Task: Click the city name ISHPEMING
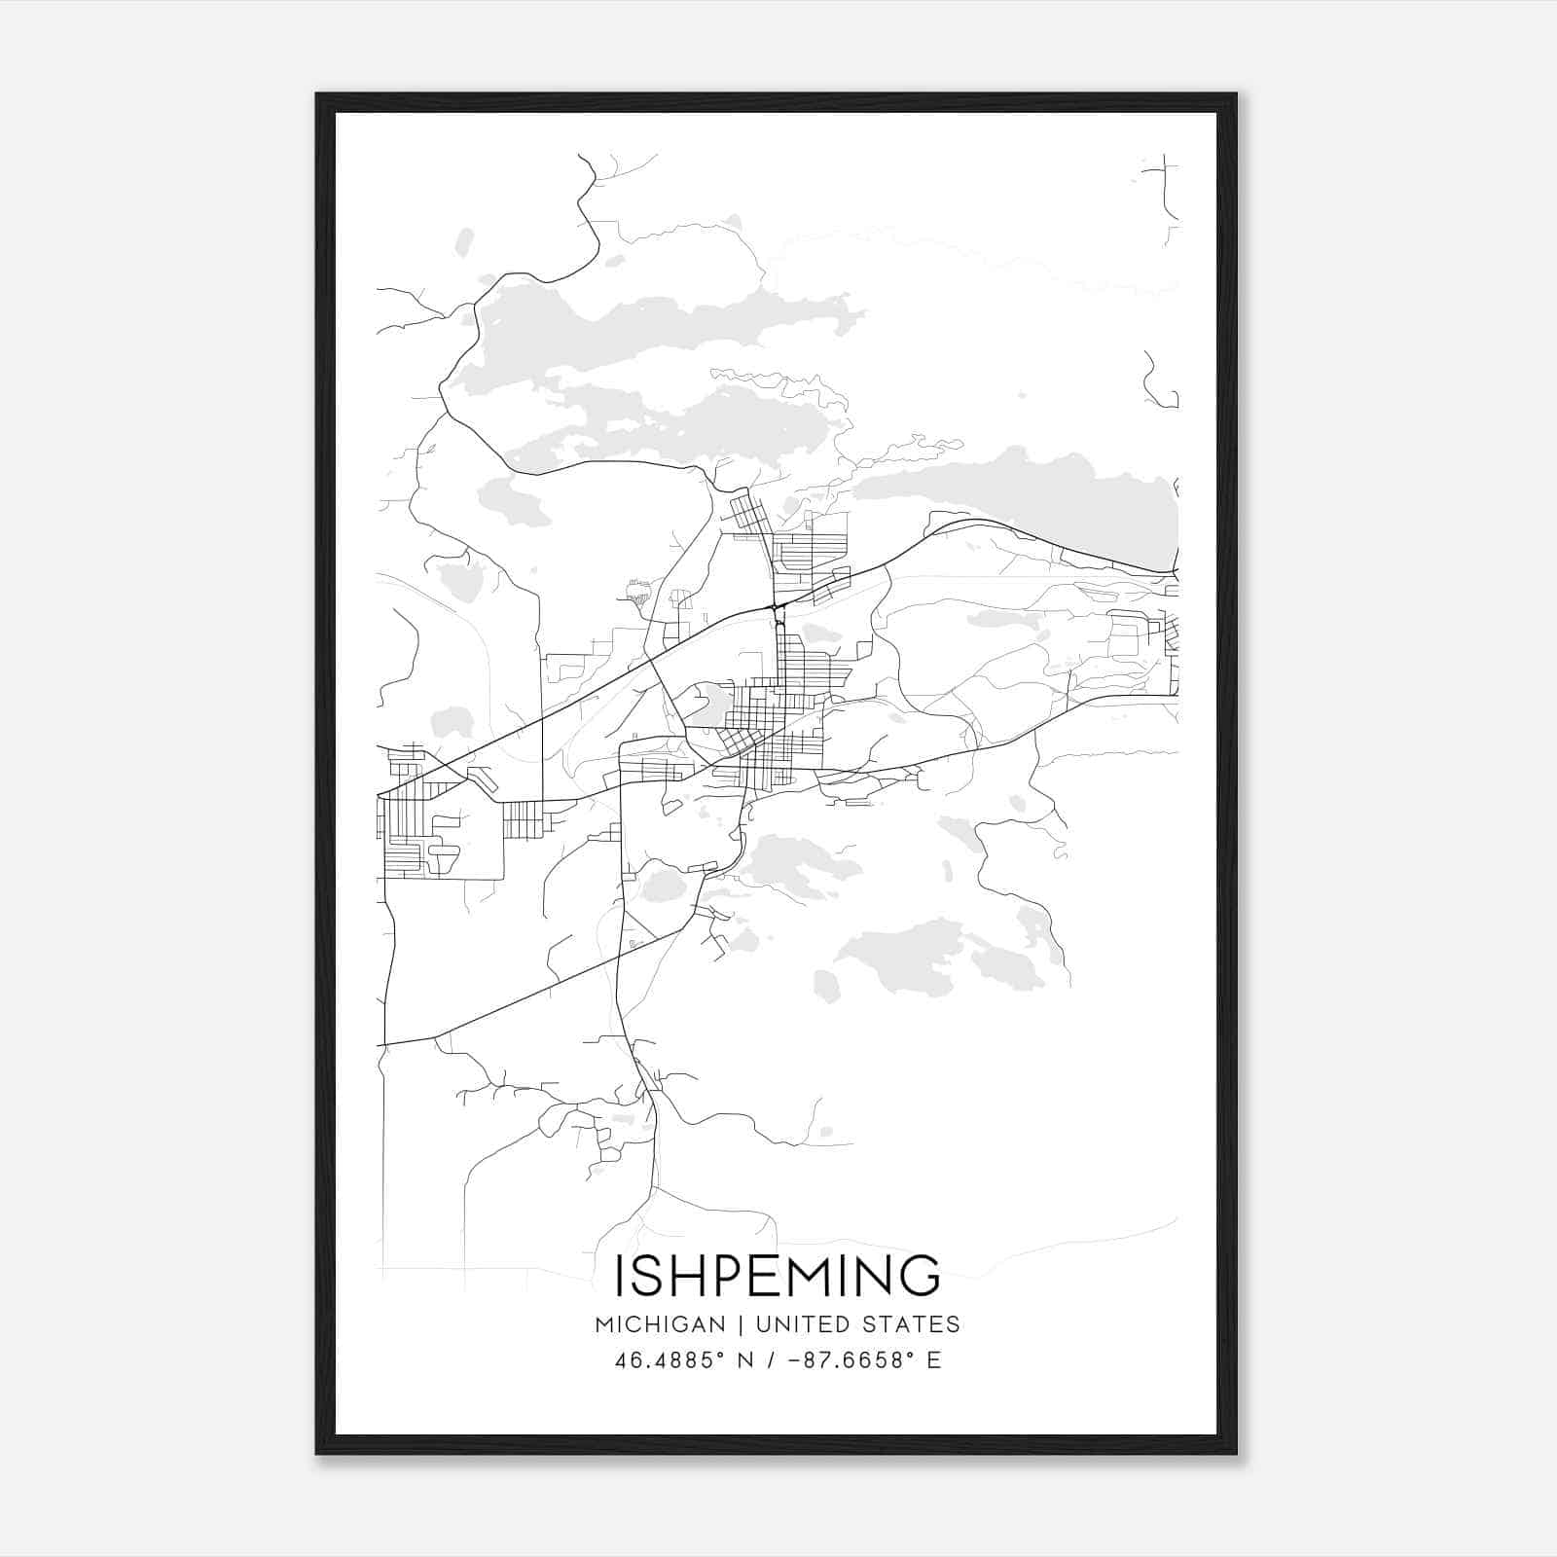tap(778, 1276)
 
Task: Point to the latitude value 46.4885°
tap(670, 1360)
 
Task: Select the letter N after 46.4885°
tap(747, 1360)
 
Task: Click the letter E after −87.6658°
tap(934, 1360)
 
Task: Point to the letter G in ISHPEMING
tap(919, 1276)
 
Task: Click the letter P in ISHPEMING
tap(722, 1276)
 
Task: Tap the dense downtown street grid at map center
tap(769, 720)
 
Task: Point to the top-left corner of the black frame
tap(317, 95)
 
